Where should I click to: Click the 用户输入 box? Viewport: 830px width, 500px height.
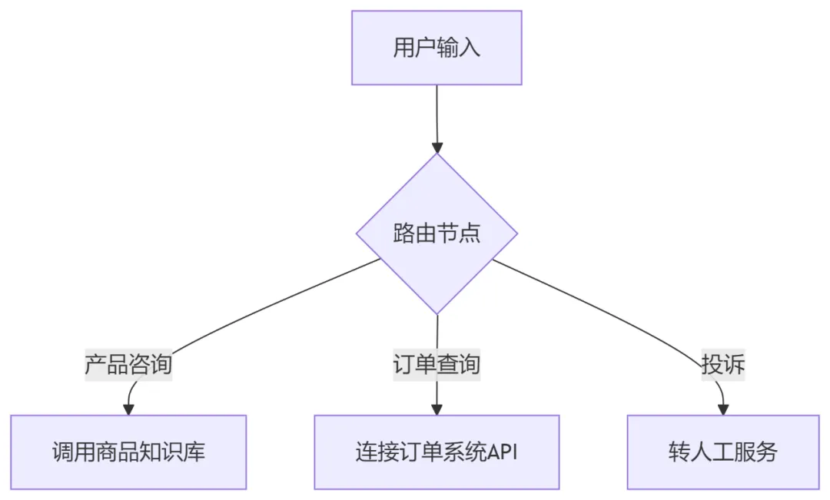coord(437,48)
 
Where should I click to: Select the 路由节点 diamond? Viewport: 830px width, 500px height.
coord(437,233)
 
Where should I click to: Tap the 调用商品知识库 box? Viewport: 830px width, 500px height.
coord(128,452)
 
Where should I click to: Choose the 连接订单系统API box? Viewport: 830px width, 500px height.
coord(437,452)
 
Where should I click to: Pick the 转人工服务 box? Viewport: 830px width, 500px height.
coord(722,452)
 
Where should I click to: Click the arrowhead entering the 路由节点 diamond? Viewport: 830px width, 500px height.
coord(437,147)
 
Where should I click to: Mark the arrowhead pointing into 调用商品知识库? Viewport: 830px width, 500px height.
coord(128,408)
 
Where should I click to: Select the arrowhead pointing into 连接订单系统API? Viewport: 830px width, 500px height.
coord(437,408)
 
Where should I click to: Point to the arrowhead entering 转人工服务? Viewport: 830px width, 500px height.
coord(723,408)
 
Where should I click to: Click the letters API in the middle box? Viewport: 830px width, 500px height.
coord(503,452)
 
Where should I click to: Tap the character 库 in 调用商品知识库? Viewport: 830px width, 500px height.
coord(195,452)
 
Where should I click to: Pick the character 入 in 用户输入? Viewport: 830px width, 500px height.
coord(470,48)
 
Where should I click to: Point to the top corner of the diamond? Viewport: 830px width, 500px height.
coord(437,154)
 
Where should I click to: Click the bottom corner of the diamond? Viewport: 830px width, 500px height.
coord(437,313)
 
